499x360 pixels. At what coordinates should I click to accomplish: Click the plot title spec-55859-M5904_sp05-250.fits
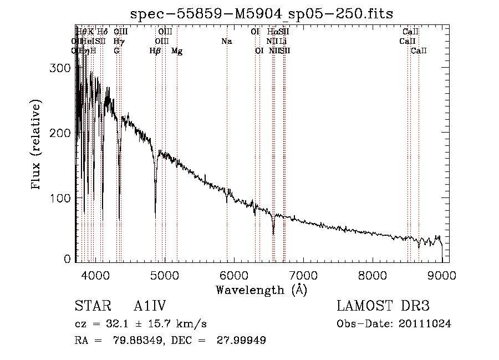261,13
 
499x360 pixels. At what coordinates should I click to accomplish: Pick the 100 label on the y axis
62,198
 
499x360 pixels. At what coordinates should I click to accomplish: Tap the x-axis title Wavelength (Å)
261,290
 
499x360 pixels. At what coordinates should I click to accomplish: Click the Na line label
226,41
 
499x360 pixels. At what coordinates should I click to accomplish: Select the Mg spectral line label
177,51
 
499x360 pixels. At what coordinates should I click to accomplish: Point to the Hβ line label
155,51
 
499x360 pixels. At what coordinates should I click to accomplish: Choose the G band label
116,51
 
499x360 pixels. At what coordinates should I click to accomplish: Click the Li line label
283,41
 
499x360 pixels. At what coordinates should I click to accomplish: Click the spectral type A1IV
150,306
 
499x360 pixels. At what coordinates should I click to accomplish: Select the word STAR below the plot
91,306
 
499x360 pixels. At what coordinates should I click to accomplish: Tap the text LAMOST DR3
383,306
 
